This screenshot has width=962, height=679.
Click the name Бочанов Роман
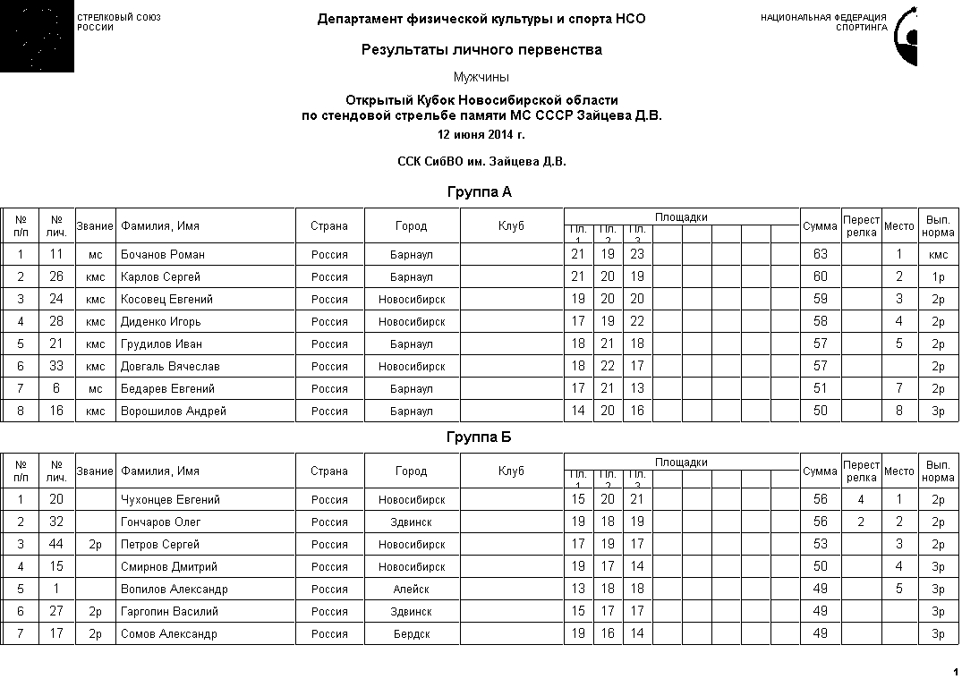(163, 254)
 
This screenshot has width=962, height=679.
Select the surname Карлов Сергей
(161, 276)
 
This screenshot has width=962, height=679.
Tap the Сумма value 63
(820, 254)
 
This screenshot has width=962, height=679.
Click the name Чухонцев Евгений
(170, 499)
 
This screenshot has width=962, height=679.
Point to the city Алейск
(411, 589)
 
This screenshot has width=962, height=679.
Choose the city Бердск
(411, 633)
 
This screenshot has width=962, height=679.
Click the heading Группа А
(479, 191)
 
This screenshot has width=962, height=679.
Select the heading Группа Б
(479, 437)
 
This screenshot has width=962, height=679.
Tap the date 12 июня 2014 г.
(481, 135)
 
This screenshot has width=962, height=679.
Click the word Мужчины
(481, 77)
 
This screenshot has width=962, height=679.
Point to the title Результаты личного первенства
(481, 49)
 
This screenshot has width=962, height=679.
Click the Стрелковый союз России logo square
(37, 37)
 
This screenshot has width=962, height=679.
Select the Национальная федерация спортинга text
(823, 22)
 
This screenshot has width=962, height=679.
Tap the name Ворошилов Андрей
(174, 411)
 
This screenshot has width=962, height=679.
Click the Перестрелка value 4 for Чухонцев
(860, 499)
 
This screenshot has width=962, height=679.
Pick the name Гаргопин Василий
(169, 611)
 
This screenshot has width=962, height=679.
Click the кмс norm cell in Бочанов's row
(938, 254)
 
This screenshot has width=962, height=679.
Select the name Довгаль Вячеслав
(170, 366)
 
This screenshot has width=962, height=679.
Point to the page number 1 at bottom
(955, 671)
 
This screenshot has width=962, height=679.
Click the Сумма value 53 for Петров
(820, 544)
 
